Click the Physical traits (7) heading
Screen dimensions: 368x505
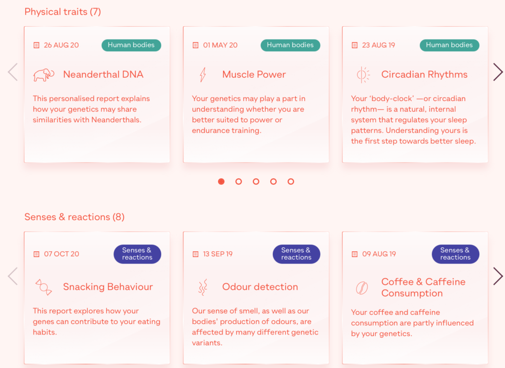coord(63,11)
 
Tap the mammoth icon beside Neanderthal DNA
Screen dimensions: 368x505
coord(43,75)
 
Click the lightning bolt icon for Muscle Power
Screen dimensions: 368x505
coord(202,75)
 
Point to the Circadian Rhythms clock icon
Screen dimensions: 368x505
coord(362,75)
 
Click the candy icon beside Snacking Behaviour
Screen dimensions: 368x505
coord(43,287)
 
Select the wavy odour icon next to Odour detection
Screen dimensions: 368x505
coord(202,287)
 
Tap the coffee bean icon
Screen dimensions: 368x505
coord(362,288)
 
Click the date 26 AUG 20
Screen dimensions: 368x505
coord(61,45)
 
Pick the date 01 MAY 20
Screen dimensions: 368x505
coord(220,45)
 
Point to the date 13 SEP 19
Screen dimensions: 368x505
coord(217,254)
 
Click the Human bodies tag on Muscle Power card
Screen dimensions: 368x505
coord(290,45)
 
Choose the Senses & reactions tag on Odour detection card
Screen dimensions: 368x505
coord(296,254)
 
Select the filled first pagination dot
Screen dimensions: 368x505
coord(221,181)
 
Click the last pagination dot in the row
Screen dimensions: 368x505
coord(291,181)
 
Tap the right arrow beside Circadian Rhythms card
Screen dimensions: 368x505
coord(498,72)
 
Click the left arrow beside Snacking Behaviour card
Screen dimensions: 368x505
coord(13,276)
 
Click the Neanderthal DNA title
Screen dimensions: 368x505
coord(103,75)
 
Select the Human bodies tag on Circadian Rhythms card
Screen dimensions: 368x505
coord(449,45)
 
